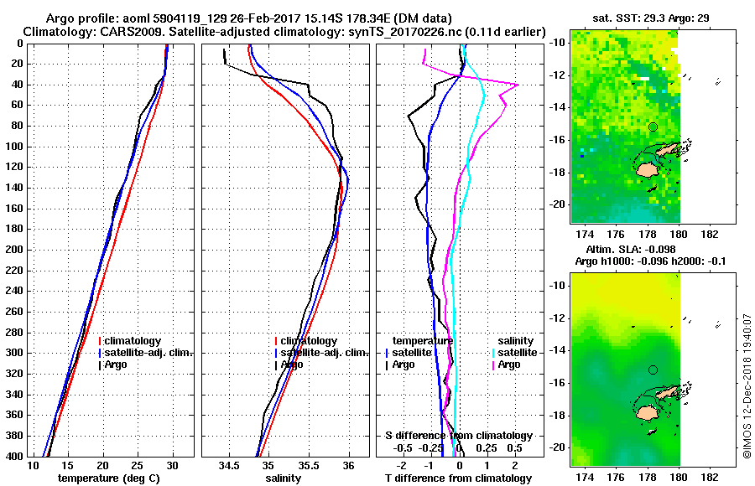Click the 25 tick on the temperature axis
138,464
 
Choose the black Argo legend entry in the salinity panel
291,364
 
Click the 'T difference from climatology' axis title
458,478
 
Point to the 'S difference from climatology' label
458,436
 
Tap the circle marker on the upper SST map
653,127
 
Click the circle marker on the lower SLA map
653,370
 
